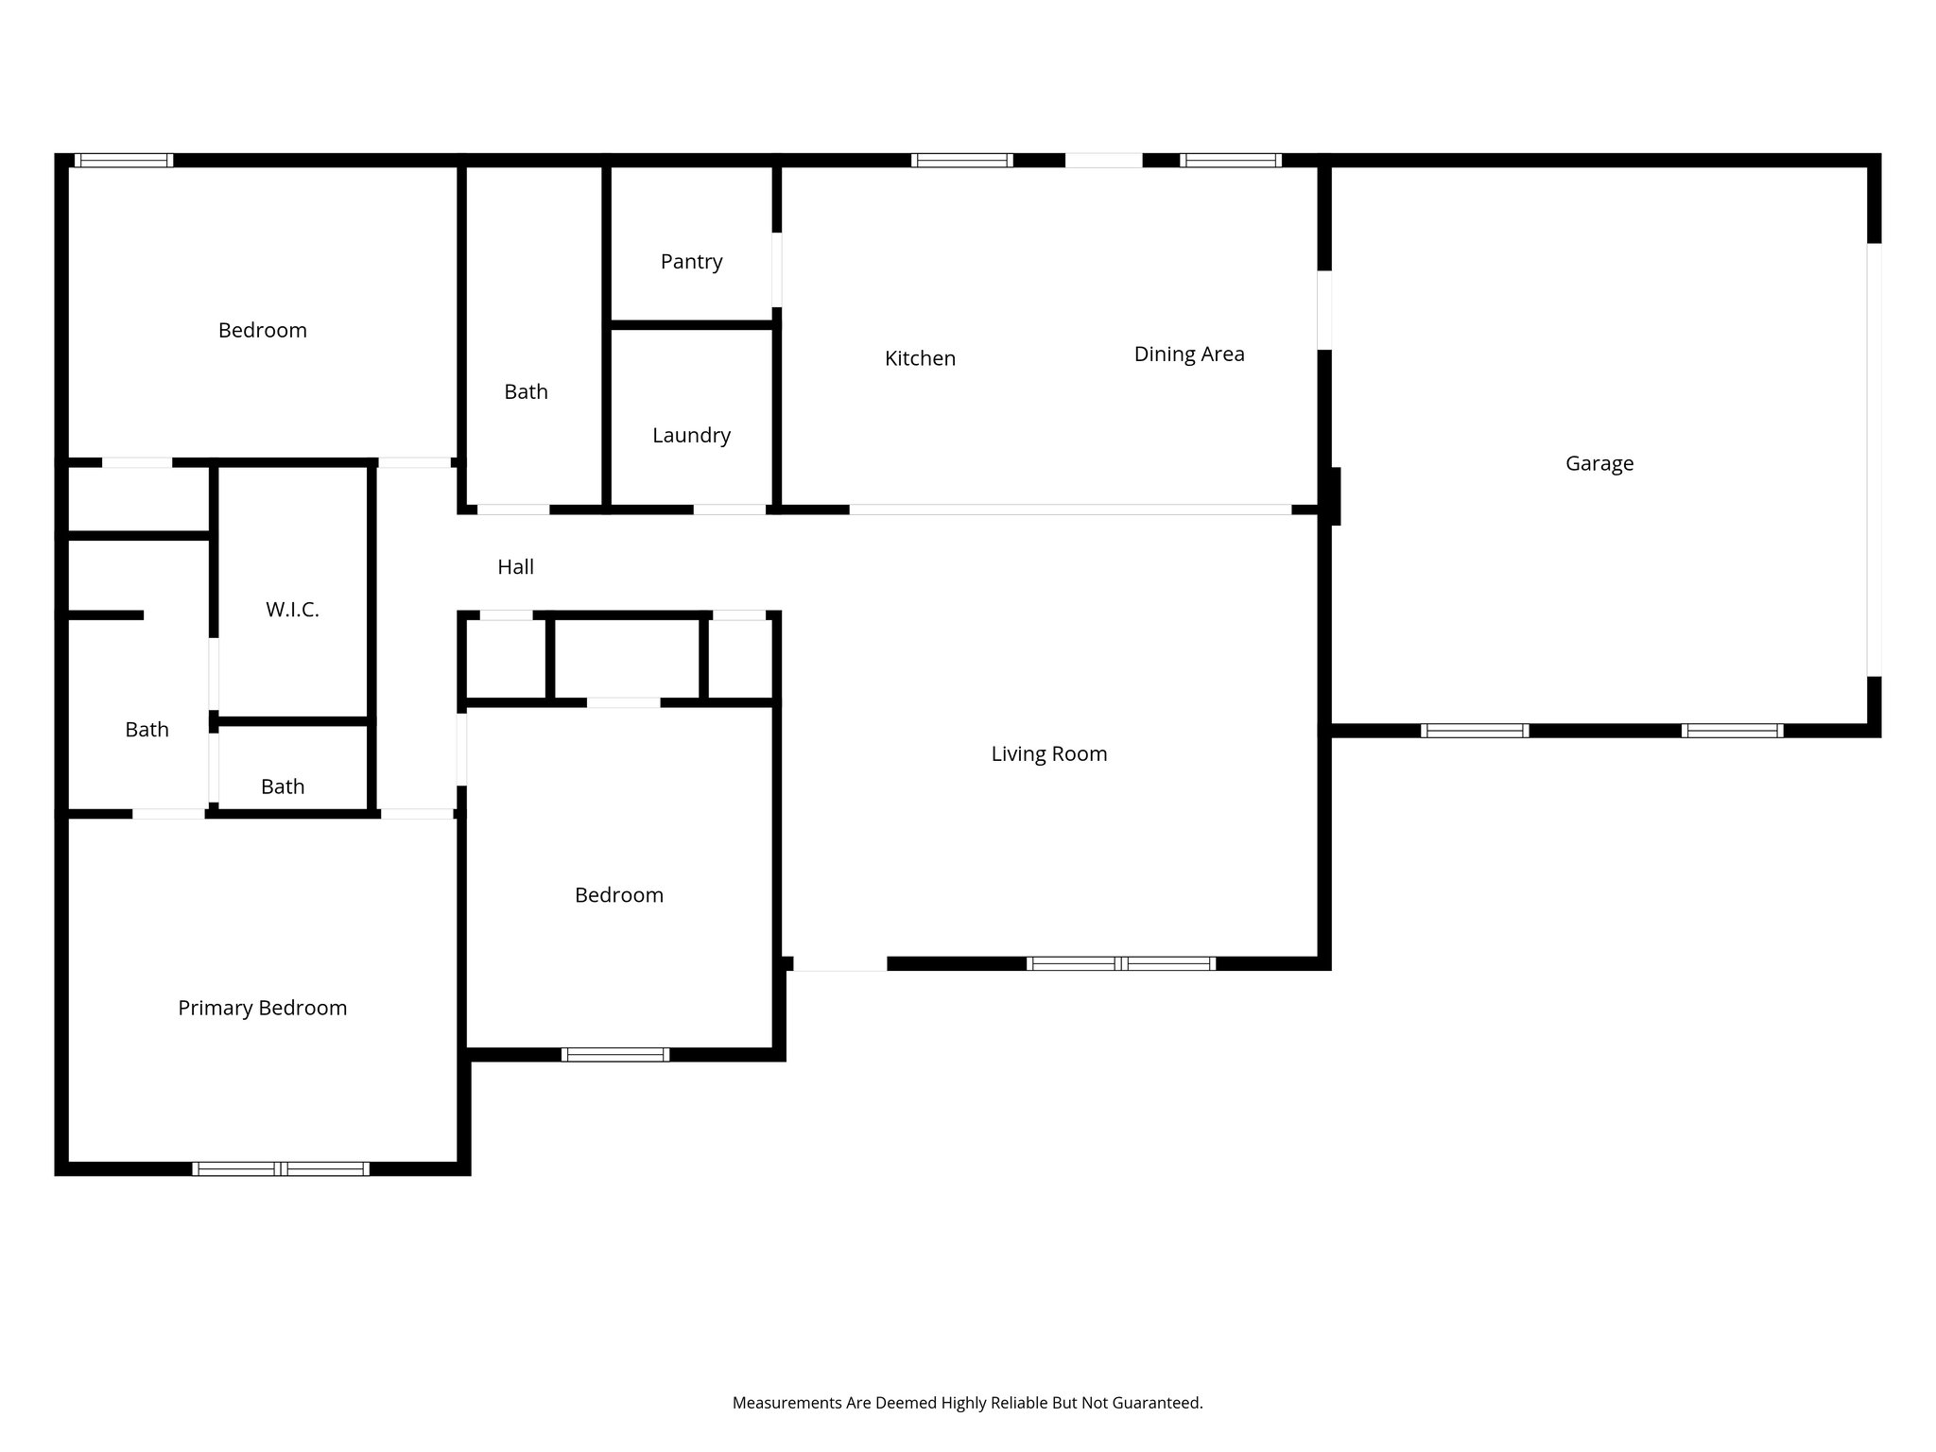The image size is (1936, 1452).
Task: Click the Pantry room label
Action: (x=691, y=262)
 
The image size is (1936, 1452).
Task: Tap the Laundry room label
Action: (x=691, y=436)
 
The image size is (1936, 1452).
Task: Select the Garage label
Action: (x=1599, y=464)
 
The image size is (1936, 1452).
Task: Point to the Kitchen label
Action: (x=920, y=359)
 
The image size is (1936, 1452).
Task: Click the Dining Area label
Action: (x=1189, y=354)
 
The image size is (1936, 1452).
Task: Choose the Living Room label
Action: (x=1048, y=754)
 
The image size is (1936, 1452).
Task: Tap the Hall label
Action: (x=515, y=567)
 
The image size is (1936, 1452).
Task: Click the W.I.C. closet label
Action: (x=292, y=610)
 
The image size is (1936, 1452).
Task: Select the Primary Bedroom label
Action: (x=262, y=1009)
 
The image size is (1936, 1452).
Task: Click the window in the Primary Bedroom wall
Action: (x=281, y=1169)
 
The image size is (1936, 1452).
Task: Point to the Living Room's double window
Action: (x=1120, y=964)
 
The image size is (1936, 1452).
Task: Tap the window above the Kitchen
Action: (x=961, y=161)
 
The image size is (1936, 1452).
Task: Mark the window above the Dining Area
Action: (x=1230, y=161)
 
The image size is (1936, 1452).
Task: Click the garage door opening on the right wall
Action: (x=1874, y=459)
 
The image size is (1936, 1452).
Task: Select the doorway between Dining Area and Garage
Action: (x=1324, y=310)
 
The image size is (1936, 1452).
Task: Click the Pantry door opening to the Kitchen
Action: (x=777, y=269)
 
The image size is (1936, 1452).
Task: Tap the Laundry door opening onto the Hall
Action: (x=729, y=510)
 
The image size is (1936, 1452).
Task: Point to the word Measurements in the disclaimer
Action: (x=786, y=1403)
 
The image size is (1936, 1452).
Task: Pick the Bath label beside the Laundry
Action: (x=526, y=392)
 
